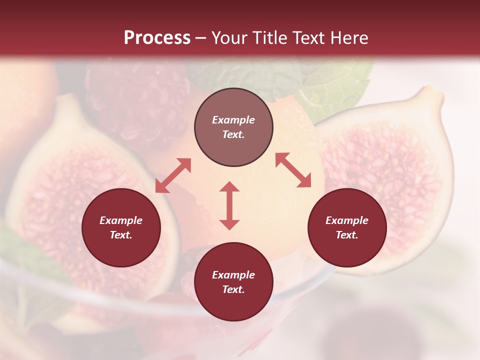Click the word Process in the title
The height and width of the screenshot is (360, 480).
(157, 38)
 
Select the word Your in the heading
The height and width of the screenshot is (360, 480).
(227, 38)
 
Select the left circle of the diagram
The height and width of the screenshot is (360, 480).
(121, 227)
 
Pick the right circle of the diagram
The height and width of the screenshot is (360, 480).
(347, 227)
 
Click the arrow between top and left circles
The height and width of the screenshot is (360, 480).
(173, 175)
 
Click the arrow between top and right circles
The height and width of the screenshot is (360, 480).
(293, 170)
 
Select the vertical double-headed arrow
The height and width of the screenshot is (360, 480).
(229, 205)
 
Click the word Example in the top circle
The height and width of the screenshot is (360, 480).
(233, 120)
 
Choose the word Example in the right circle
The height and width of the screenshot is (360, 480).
(347, 220)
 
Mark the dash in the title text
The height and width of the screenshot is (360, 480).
(200, 38)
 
